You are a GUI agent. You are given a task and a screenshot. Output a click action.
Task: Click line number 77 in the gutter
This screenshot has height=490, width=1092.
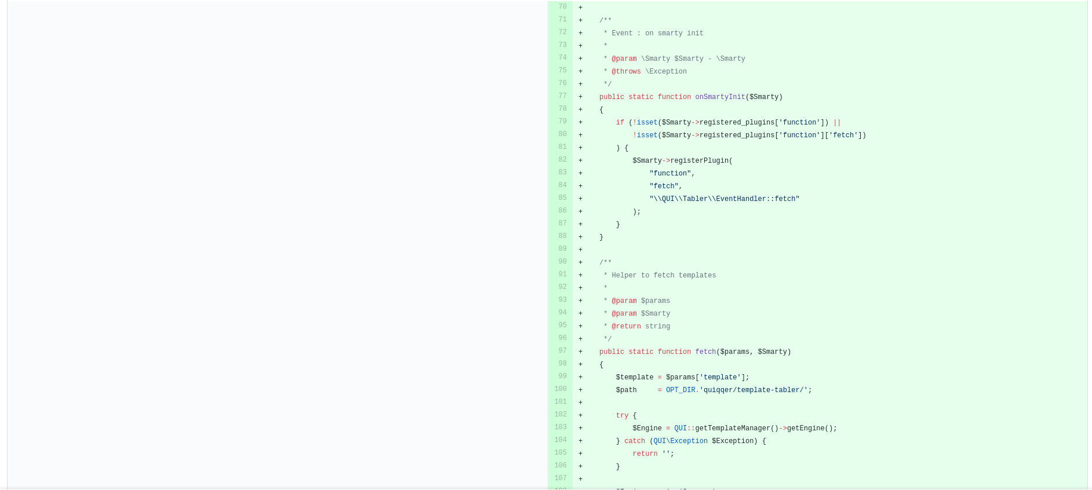(x=562, y=96)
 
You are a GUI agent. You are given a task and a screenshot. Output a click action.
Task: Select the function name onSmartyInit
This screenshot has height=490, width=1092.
(x=720, y=97)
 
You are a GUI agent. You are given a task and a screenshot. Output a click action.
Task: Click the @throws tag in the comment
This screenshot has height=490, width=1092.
(x=626, y=72)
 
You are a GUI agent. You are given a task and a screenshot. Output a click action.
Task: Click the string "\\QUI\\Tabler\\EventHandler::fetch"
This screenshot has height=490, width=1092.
(x=724, y=199)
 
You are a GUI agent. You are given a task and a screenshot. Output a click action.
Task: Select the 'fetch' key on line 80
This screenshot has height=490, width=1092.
(x=843, y=136)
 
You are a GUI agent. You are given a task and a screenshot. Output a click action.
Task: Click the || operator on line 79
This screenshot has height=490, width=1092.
(x=837, y=123)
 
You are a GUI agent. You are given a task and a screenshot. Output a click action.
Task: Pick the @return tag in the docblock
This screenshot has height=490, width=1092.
(x=626, y=327)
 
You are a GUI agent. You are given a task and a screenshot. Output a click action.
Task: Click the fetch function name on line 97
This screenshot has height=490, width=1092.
(x=705, y=352)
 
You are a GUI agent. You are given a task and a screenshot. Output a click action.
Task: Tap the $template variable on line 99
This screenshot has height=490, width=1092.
(x=635, y=378)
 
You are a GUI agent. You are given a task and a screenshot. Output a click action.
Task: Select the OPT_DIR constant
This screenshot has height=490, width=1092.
(x=680, y=390)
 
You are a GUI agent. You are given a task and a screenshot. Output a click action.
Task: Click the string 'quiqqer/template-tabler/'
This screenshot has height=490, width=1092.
(x=754, y=390)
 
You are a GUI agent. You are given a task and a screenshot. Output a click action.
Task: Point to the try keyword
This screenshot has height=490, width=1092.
(x=622, y=416)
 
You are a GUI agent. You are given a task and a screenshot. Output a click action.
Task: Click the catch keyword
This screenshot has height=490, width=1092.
(x=635, y=441)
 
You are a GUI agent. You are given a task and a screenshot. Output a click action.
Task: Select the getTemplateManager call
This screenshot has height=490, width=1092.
(x=733, y=429)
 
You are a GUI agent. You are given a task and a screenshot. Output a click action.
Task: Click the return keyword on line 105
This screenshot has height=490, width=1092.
(x=645, y=454)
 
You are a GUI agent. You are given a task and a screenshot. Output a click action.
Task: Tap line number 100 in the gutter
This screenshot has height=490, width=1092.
(x=560, y=389)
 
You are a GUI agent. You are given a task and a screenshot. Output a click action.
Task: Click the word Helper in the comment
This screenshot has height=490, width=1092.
(x=624, y=276)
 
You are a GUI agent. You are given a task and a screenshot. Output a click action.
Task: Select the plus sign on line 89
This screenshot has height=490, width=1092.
(x=580, y=250)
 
